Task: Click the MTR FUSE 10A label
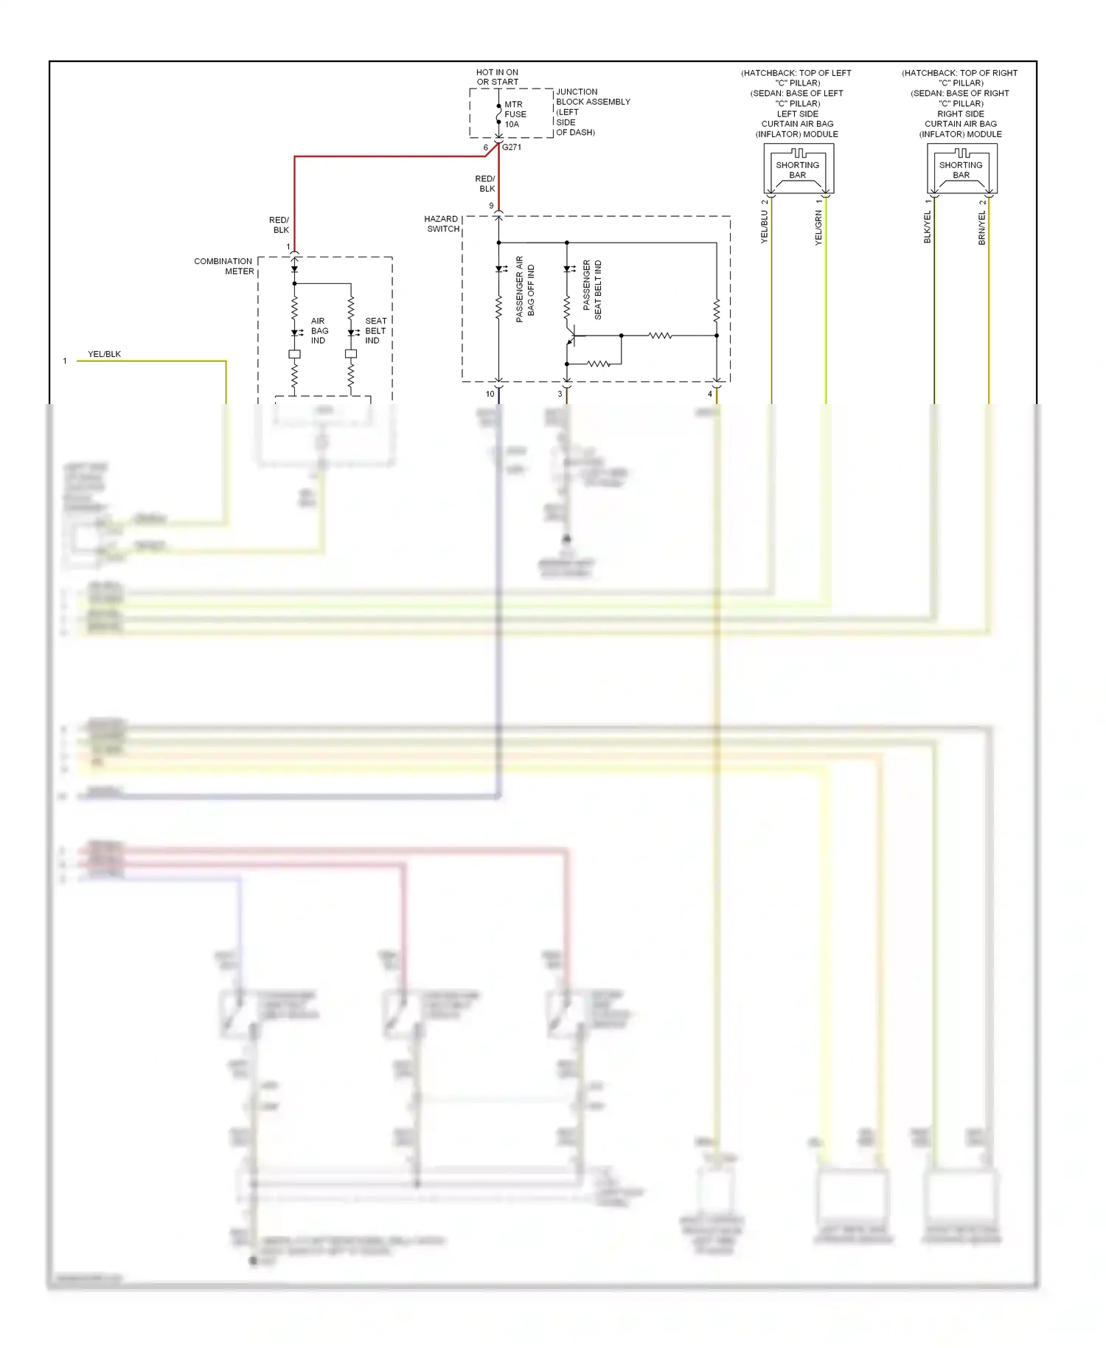[515, 114]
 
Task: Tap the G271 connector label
[512, 147]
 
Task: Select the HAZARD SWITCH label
[442, 223]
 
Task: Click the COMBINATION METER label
[224, 266]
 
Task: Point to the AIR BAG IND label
[319, 330]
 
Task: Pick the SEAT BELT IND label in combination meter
[375, 330]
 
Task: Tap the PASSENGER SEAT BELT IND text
[592, 289]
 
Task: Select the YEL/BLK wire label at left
[104, 354]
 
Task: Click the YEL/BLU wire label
[765, 226]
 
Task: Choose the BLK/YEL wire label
[928, 227]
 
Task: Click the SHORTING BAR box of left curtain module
[798, 170]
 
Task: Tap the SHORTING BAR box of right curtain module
[961, 170]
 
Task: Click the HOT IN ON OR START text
[497, 77]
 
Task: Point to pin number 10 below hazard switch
[490, 394]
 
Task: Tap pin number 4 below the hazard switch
[710, 394]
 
